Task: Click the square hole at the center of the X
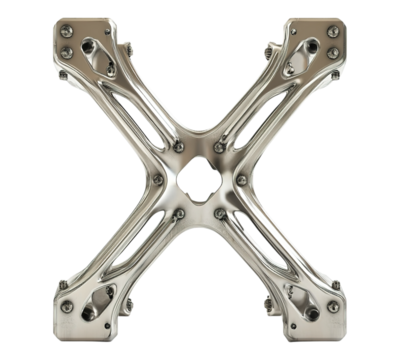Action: click(199, 180)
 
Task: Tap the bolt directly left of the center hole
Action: click(157, 180)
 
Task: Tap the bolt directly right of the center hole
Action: click(241, 180)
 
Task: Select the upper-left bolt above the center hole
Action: click(179, 147)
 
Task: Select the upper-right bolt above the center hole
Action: click(220, 147)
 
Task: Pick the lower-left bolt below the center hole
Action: click(179, 213)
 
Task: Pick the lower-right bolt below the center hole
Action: click(220, 213)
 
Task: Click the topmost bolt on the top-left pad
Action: click(66, 32)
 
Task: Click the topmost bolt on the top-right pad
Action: click(333, 32)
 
